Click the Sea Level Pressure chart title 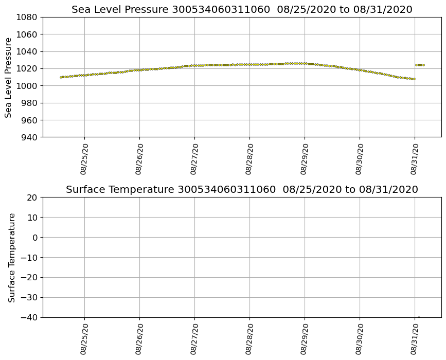point(242,10)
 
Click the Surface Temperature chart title point(242,190)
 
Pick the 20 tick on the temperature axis point(32,197)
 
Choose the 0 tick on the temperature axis point(35,238)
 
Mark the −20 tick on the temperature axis point(29,278)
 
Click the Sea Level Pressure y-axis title point(9,77)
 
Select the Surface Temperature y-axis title point(12,257)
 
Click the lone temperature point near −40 point(419,317)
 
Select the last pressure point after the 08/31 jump point(423,65)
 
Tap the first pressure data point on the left point(61,77)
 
